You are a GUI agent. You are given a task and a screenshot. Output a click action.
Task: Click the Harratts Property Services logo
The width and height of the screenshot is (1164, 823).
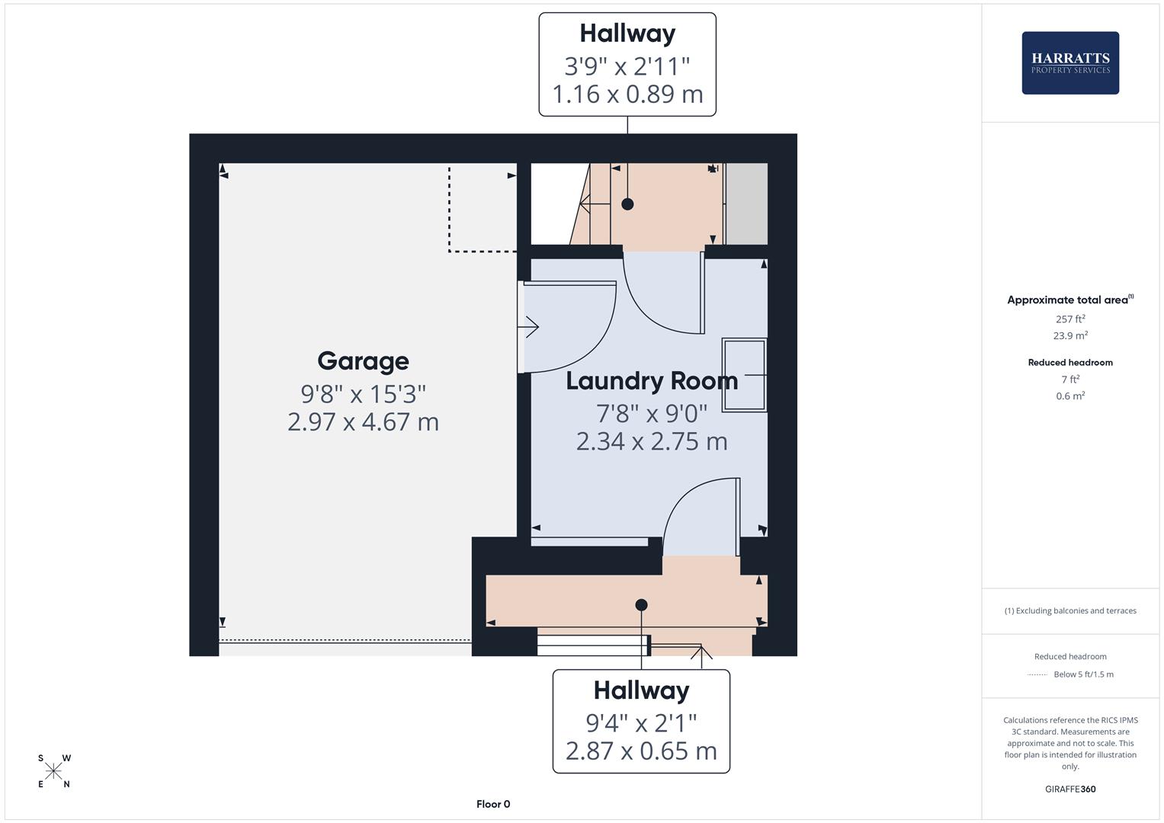pyautogui.click(x=1069, y=63)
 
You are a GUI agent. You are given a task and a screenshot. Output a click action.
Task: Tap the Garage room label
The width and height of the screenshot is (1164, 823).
pyautogui.click(x=363, y=361)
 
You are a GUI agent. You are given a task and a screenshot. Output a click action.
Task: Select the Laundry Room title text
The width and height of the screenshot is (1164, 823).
pyautogui.click(x=652, y=381)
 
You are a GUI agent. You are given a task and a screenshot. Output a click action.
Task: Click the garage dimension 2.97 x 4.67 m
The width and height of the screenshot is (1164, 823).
pyautogui.click(x=363, y=422)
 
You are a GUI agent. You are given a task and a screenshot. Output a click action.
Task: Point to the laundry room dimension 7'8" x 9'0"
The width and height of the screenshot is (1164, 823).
pyautogui.click(x=652, y=414)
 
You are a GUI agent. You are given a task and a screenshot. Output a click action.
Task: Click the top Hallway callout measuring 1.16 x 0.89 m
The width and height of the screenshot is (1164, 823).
pyautogui.click(x=627, y=65)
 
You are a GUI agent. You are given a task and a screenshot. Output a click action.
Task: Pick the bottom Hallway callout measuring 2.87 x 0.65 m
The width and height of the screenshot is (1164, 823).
pyautogui.click(x=641, y=721)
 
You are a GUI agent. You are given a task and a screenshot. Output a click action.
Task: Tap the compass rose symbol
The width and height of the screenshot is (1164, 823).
pyautogui.click(x=53, y=771)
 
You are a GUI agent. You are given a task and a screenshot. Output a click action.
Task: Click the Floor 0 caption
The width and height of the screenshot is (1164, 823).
pyautogui.click(x=493, y=804)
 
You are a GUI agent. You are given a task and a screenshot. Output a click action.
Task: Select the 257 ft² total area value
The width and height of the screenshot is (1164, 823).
pyautogui.click(x=1070, y=319)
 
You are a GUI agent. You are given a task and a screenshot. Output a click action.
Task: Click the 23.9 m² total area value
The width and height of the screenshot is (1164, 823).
pyautogui.click(x=1070, y=335)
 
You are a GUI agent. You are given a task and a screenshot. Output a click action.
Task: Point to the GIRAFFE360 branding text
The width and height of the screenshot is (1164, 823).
pyautogui.click(x=1070, y=789)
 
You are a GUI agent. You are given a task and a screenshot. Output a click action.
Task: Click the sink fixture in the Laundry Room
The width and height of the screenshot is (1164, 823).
pyautogui.click(x=744, y=375)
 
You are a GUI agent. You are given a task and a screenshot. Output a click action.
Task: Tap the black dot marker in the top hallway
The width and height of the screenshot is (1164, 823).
pyautogui.click(x=627, y=204)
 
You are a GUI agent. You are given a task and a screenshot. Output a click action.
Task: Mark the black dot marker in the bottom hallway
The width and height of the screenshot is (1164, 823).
pyautogui.click(x=641, y=605)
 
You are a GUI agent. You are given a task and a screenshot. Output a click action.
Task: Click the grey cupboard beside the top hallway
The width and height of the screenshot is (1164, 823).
pyautogui.click(x=746, y=204)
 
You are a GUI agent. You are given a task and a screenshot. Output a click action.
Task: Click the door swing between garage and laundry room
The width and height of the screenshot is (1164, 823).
pyautogui.click(x=568, y=328)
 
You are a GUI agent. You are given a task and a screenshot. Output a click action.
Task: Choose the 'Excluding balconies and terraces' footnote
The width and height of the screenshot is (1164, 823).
pyautogui.click(x=1070, y=610)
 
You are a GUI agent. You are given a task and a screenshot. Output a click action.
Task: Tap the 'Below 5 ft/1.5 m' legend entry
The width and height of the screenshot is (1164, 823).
pyautogui.click(x=1082, y=674)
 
